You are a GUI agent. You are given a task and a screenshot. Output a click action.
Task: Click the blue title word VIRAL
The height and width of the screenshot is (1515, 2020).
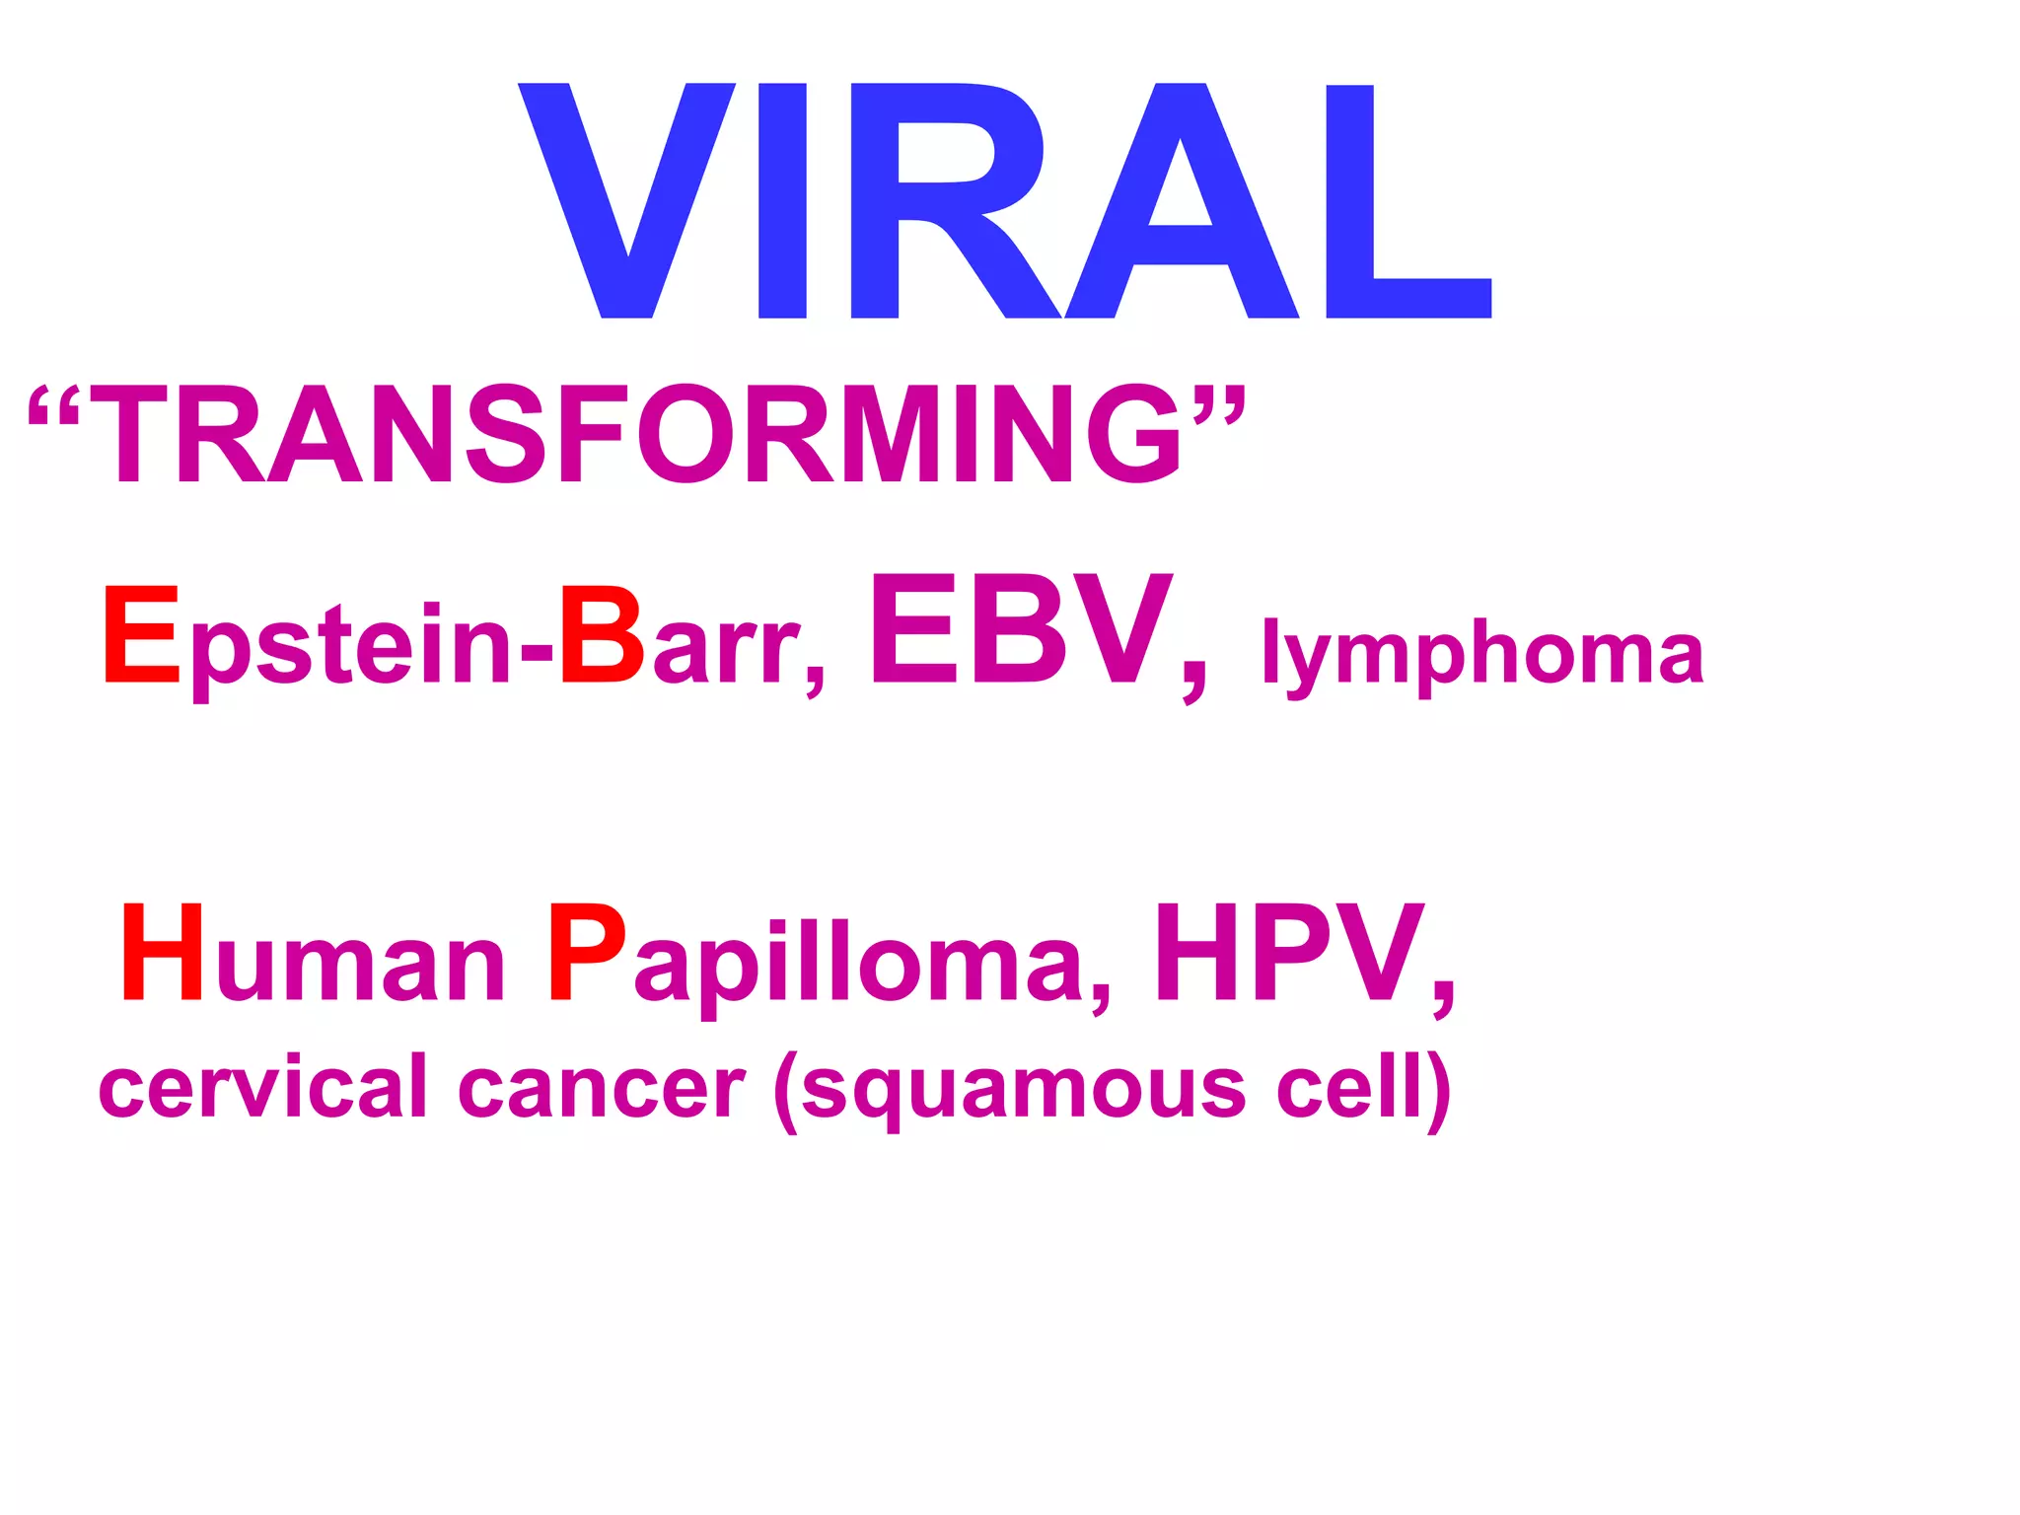1004,200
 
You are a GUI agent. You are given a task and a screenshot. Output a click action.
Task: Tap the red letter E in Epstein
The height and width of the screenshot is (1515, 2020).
142,635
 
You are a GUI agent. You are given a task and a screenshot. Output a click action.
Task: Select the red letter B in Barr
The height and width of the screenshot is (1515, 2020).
602,635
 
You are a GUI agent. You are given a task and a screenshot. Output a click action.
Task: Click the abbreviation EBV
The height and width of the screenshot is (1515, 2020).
1021,631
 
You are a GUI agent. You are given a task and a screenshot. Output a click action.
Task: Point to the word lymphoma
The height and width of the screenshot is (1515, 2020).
1482,653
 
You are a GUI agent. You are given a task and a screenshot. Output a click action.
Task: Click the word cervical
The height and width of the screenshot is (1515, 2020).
262,1088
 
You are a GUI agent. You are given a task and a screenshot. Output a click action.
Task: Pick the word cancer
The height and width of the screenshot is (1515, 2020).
602,1088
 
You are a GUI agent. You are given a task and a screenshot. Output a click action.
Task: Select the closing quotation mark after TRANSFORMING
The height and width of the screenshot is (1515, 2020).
1220,404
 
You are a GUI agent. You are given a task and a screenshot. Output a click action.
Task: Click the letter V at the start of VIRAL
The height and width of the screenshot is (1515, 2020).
626,200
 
